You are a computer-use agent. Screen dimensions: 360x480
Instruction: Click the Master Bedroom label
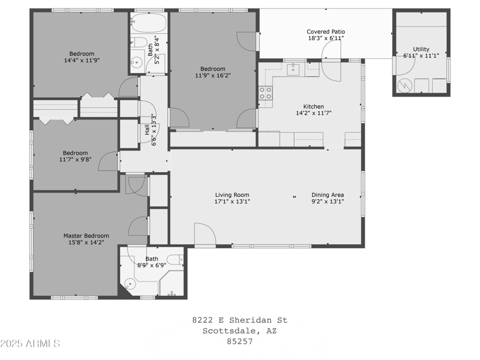click(86, 236)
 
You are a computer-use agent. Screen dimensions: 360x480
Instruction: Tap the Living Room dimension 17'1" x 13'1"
click(232, 202)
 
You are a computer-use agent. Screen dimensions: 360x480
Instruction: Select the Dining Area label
click(328, 194)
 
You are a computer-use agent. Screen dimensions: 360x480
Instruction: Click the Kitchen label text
click(313, 106)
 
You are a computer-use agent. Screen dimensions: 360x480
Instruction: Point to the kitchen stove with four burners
click(265, 93)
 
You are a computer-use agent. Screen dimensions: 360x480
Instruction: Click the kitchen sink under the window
click(293, 70)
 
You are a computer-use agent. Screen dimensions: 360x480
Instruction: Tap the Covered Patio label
click(326, 32)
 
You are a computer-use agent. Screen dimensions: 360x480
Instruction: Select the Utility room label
click(421, 49)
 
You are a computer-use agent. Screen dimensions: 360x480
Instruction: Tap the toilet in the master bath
click(175, 260)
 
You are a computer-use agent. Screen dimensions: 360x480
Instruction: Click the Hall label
click(146, 129)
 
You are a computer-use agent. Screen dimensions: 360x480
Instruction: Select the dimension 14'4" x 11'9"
click(82, 61)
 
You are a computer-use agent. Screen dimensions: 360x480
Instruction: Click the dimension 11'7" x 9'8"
click(76, 160)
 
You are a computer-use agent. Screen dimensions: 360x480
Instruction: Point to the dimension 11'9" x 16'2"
click(213, 76)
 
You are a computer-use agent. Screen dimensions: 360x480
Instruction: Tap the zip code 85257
click(239, 341)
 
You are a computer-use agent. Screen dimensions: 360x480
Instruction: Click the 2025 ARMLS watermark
click(30, 344)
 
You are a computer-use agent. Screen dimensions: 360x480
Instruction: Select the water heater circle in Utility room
click(405, 86)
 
